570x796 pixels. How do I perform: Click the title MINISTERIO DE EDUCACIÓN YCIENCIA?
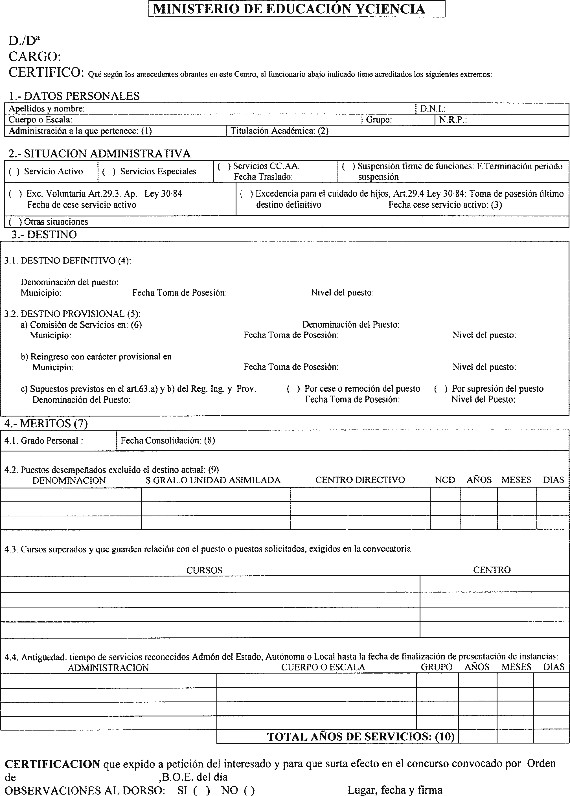(x=289, y=9)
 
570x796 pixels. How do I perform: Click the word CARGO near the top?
(x=34, y=56)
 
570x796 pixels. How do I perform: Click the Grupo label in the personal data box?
(x=379, y=120)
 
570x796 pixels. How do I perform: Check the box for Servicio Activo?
(x=14, y=172)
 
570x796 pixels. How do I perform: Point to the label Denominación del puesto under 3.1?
(x=69, y=282)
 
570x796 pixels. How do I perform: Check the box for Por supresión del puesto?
(x=441, y=389)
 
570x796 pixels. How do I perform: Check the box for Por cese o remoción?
(x=293, y=389)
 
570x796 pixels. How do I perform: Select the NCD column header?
(x=445, y=480)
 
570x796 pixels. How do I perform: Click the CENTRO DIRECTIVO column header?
(x=360, y=480)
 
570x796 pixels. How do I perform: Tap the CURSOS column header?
(x=204, y=570)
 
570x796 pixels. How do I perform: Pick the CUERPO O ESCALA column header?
(x=323, y=667)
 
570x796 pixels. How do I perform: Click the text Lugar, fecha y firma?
(x=395, y=790)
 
